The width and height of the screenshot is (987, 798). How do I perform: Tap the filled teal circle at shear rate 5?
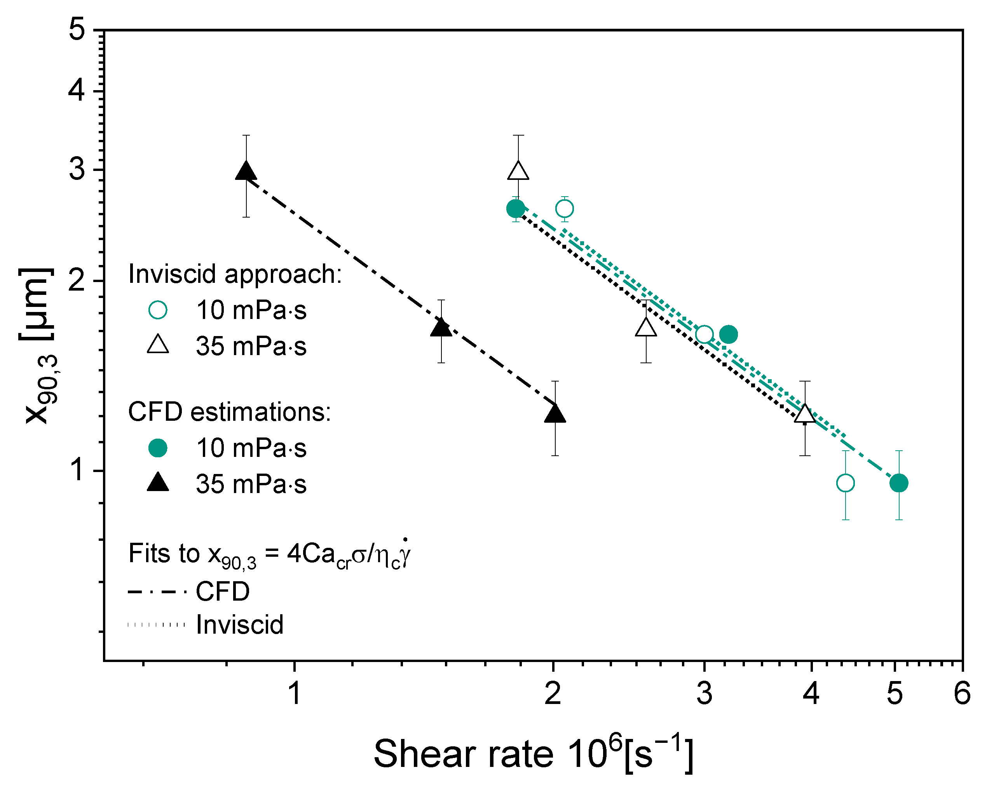pyautogui.click(x=899, y=483)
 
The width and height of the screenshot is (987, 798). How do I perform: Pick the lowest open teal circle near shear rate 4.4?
pyautogui.click(x=846, y=483)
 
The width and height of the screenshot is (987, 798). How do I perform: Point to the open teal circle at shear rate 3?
pyautogui.click(x=704, y=334)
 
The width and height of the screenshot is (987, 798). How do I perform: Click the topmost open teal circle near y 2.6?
pyautogui.click(x=565, y=209)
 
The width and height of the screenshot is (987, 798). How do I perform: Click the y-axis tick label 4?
pyautogui.click(x=77, y=90)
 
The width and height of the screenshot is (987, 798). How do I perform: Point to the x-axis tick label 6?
pyautogui.click(x=962, y=693)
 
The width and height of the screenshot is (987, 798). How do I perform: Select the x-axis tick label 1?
pyautogui.click(x=294, y=693)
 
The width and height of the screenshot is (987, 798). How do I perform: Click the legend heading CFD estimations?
pyautogui.click(x=229, y=412)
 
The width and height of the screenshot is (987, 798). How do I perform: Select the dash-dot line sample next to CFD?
pyautogui.click(x=157, y=592)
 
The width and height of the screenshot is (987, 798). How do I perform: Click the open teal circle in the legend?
pyautogui.click(x=158, y=310)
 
